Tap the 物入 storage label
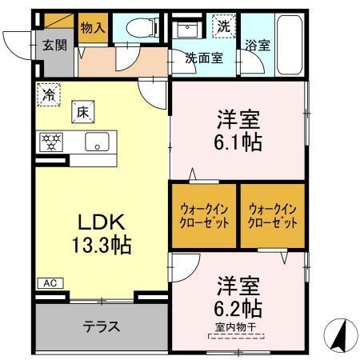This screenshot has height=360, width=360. coord(93,27)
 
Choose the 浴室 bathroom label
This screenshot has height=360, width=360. coord(258,46)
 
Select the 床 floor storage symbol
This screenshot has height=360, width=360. coord(81,112)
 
